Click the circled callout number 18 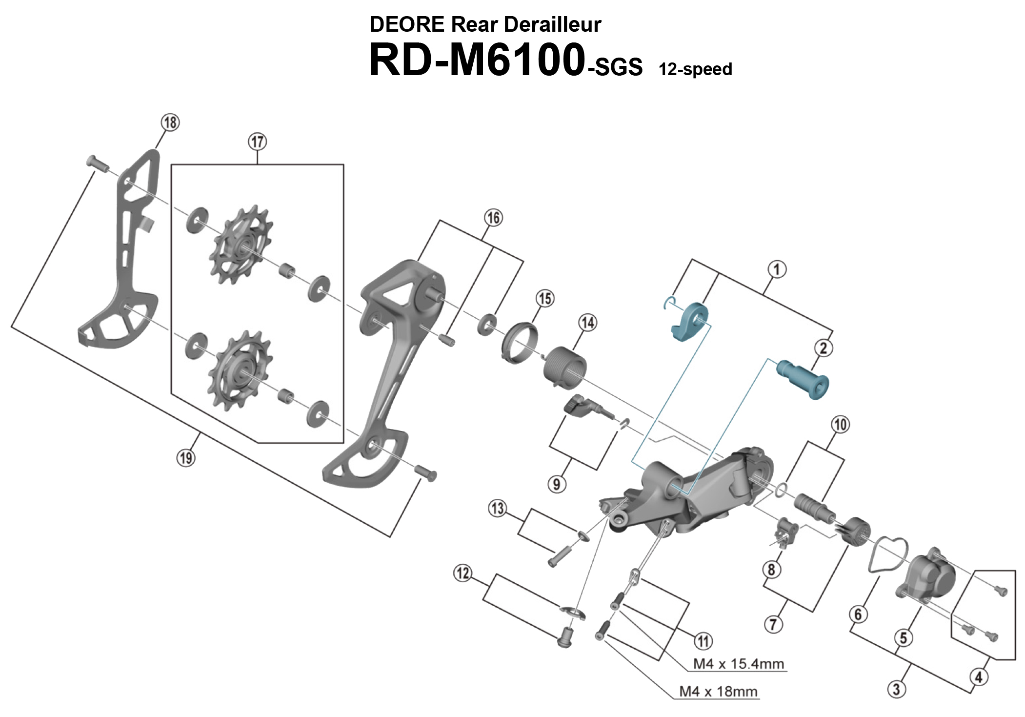coord(170,122)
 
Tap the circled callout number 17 coord(258,142)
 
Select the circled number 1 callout coord(777,269)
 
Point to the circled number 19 coord(185,458)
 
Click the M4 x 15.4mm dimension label coord(738,664)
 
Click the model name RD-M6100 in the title coord(477,60)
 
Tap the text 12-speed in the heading coord(695,69)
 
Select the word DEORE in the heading coord(407,24)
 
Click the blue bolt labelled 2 coord(803,379)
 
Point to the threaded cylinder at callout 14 coord(565,367)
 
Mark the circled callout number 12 coord(462,573)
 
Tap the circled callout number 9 coord(557,484)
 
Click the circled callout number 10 coord(840,424)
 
